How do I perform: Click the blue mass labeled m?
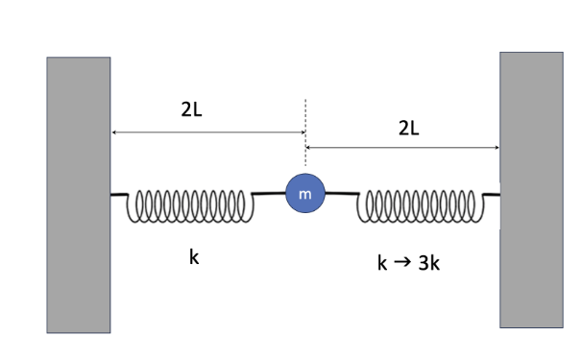click(x=305, y=195)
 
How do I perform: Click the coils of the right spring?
click(x=416, y=204)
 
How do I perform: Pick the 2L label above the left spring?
click(x=191, y=109)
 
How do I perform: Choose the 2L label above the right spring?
click(x=408, y=128)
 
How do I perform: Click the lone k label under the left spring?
click(x=194, y=257)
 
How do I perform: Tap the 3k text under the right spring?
click(x=429, y=262)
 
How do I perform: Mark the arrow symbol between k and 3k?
click(x=402, y=262)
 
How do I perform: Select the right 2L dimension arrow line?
click(x=402, y=147)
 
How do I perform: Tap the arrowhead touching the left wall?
click(x=115, y=132)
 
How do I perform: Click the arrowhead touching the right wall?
click(x=495, y=147)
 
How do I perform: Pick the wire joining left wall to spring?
click(x=121, y=195)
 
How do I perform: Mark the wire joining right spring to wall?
click(x=488, y=195)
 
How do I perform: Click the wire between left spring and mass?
click(x=269, y=195)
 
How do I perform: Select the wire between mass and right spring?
click(x=342, y=195)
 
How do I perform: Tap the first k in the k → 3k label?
click(x=382, y=262)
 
